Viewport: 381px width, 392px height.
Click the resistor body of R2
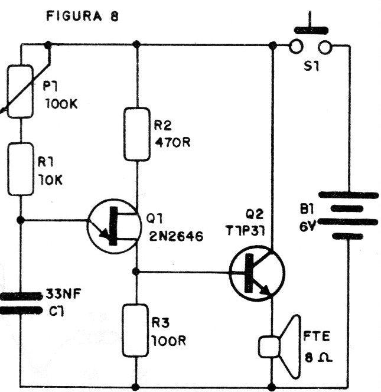pos(137,134)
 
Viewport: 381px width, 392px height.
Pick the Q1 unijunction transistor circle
pos(112,227)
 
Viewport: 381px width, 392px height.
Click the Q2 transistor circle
pos(257,273)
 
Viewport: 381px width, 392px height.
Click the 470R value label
pos(170,143)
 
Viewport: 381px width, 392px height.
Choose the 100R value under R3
pos(171,341)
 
